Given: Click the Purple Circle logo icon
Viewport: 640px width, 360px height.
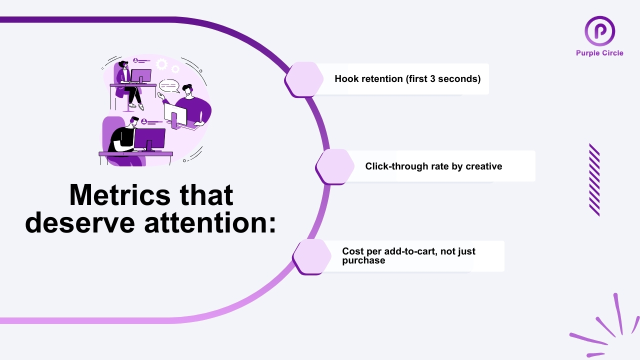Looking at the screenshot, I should pos(599,31).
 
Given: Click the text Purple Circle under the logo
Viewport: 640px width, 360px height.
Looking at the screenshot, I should pos(599,53).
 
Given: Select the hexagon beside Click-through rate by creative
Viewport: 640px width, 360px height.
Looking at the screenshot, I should pos(335,166).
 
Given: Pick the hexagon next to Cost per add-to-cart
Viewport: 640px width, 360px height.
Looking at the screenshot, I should pos(312,256).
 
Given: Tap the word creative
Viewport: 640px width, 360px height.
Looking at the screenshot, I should pos(483,166).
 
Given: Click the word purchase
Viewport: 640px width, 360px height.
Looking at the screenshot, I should pos(363,260).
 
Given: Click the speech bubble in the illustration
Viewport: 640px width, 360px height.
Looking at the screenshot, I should pos(169,86).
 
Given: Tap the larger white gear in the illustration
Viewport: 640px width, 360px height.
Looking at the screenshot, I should pos(161,64).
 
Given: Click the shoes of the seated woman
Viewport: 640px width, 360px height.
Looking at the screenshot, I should pos(136,106).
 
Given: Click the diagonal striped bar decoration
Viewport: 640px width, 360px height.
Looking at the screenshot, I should pos(594,180).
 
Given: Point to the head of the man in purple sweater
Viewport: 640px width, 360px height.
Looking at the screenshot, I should pos(187,90).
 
